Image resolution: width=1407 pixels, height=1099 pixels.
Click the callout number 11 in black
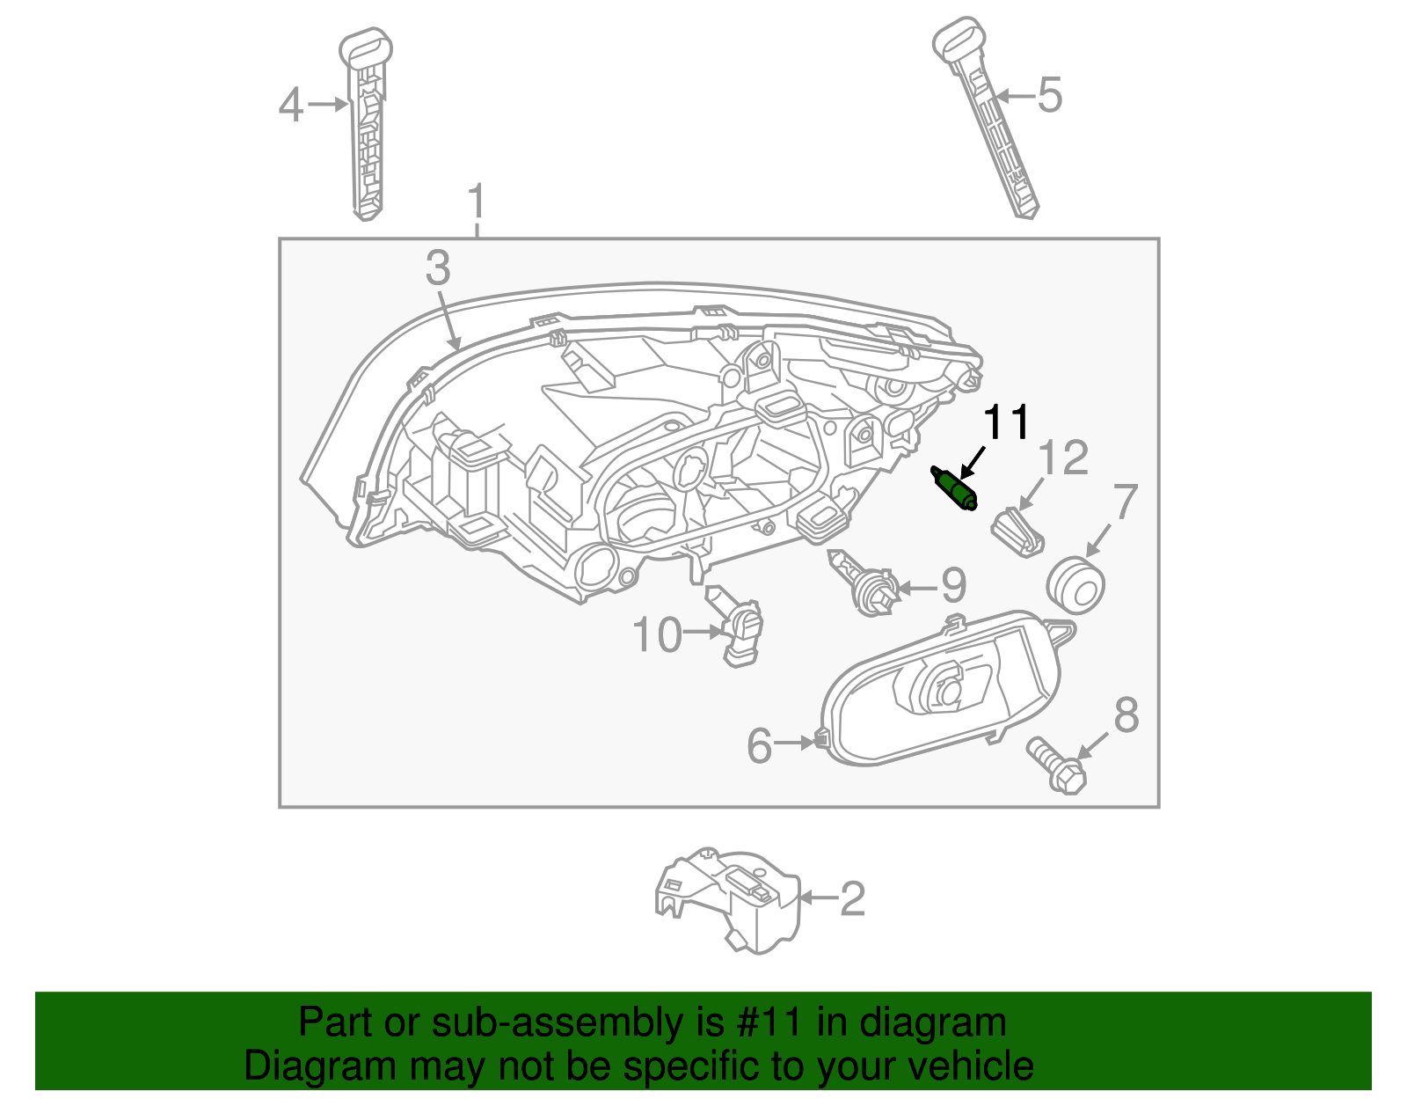point(1006,423)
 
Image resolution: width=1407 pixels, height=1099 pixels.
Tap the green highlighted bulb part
point(955,489)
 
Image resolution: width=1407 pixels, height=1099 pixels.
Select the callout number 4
point(291,106)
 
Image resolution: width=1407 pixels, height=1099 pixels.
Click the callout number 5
point(1050,95)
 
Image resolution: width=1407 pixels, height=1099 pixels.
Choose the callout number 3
point(437,267)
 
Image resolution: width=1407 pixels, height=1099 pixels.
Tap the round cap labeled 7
point(1075,584)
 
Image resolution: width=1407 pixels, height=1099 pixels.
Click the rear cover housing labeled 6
point(941,691)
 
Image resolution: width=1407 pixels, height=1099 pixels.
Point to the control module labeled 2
point(730,899)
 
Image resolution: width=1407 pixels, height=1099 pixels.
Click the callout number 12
point(1063,458)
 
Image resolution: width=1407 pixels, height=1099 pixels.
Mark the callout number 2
point(852,898)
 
